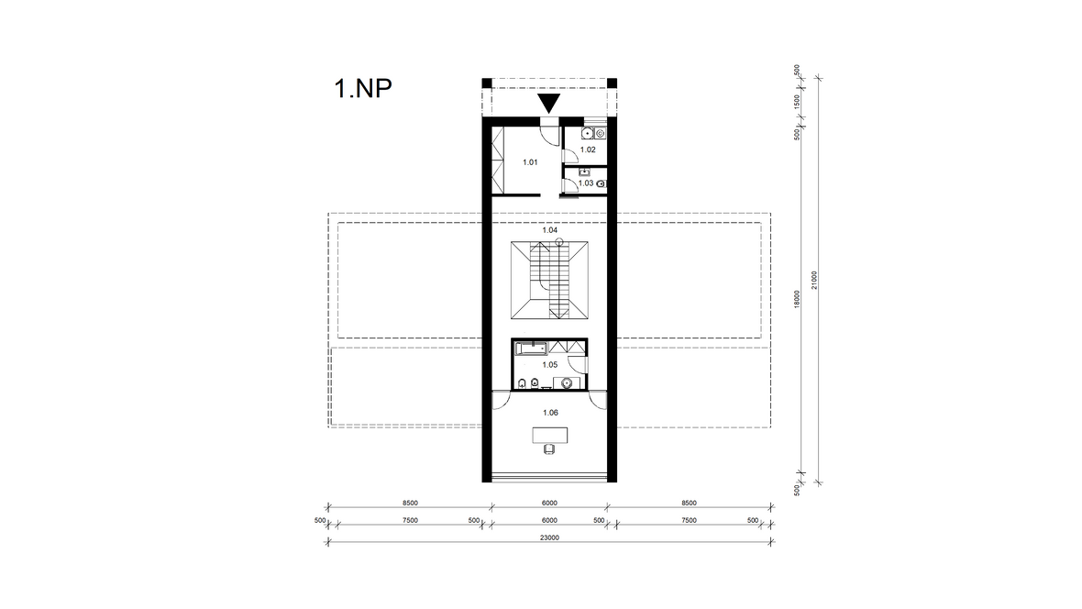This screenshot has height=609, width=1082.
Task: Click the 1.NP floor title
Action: tap(363, 88)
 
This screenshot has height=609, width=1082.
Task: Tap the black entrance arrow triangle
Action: tap(548, 103)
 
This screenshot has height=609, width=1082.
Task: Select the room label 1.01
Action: tap(530, 162)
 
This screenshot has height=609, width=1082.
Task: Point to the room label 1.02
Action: tap(588, 149)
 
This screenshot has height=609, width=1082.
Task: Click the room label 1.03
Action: tap(586, 183)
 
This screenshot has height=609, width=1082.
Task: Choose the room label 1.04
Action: tap(550, 230)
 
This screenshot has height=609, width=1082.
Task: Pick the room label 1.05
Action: tap(550, 364)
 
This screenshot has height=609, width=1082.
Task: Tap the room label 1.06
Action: tap(550, 412)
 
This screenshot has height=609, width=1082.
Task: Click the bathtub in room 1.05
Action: tap(531, 348)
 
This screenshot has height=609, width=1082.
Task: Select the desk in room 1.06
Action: tap(550, 435)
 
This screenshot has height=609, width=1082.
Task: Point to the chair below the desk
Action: tap(549, 448)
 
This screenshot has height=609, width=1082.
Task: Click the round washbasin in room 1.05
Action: tap(568, 382)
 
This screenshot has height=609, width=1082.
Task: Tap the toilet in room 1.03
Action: tap(601, 183)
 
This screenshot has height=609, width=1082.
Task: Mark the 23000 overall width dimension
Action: tap(549, 537)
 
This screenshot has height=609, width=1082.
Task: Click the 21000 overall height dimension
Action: tap(814, 280)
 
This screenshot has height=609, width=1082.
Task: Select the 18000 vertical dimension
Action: tap(797, 299)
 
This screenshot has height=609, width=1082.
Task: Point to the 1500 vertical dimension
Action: tap(797, 102)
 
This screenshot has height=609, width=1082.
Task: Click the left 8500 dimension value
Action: tap(410, 504)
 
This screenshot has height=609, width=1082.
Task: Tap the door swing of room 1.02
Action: tap(571, 155)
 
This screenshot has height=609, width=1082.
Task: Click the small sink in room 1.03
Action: tap(584, 172)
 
